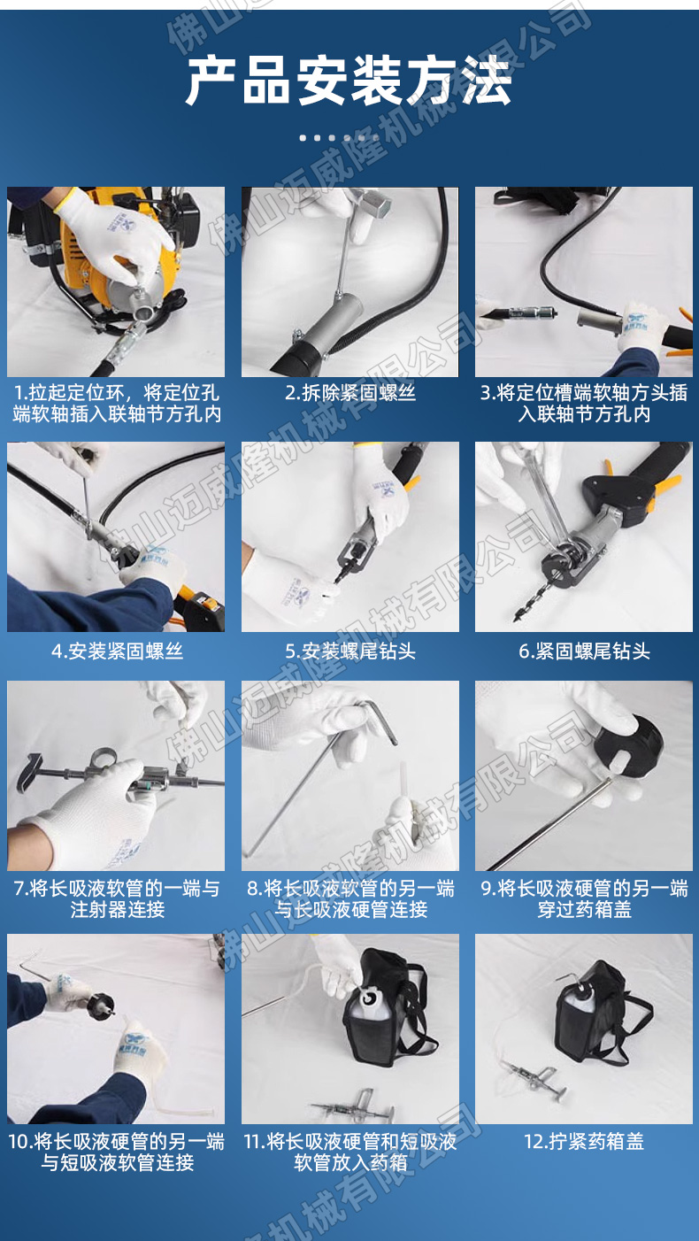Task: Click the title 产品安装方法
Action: [x=349, y=80]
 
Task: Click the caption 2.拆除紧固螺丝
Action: [x=350, y=393]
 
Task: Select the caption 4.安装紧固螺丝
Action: [x=117, y=651]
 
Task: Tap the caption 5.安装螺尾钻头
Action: [x=350, y=651]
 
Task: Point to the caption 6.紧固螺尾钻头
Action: [x=584, y=651]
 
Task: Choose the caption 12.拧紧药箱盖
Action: [x=584, y=1141]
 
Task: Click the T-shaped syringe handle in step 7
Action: [x=29, y=771]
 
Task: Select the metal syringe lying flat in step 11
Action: [x=356, y=1107]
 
